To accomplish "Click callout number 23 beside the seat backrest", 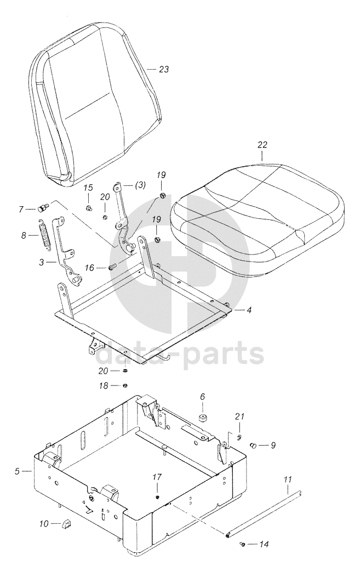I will [x=163, y=70].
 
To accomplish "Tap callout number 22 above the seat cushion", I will [x=262, y=145].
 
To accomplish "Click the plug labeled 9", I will [x=254, y=445].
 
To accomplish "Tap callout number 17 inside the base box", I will [x=157, y=477].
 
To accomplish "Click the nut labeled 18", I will [x=125, y=385].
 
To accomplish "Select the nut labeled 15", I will [x=88, y=208].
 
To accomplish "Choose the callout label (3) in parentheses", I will [x=138, y=185].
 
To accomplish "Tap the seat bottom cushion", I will [x=258, y=219].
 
